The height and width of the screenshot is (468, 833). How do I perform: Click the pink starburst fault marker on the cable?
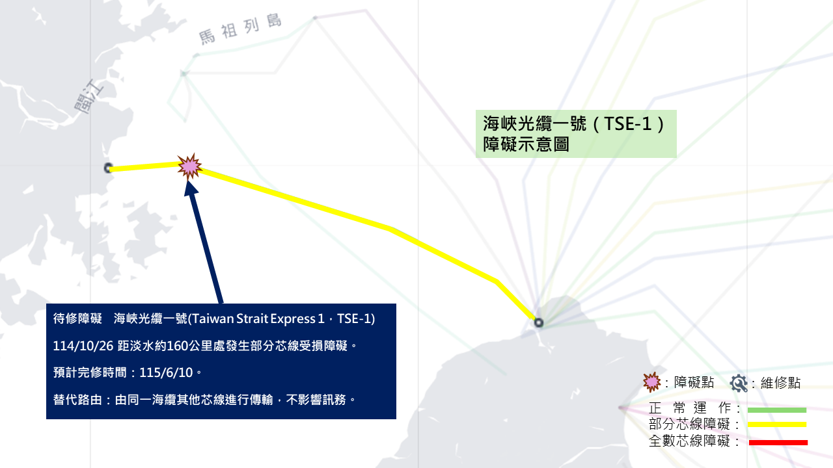pyautogui.click(x=189, y=166)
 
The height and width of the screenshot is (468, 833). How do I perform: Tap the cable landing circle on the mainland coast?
pyautogui.click(x=108, y=168)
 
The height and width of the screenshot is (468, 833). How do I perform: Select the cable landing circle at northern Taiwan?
pyautogui.click(x=538, y=322)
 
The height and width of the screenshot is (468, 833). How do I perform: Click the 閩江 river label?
pyautogui.click(x=89, y=96)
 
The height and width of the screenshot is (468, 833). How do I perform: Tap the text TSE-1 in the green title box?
pyautogui.click(x=628, y=123)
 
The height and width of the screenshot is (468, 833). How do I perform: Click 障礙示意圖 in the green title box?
pyautogui.click(x=526, y=144)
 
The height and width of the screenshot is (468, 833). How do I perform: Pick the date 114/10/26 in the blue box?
pyautogui.click(x=83, y=346)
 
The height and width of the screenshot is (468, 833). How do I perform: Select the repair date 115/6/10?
pyautogui.click(x=166, y=372)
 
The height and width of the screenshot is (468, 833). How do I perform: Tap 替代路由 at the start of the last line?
pyautogui.click(x=77, y=400)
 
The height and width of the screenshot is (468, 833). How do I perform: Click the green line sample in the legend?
pyautogui.click(x=777, y=410)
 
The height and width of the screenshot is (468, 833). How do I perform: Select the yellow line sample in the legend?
pyautogui.click(x=777, y=424)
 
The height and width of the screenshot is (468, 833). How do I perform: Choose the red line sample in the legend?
pyautogui.click(x=778, y=443)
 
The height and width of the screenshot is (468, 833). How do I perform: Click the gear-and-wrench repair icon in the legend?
pyautogui.click(x=739, y=383)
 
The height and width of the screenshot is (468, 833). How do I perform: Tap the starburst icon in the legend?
pyautogui.click(x=652, y=382)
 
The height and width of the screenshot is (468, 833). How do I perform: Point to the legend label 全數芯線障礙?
pyautogui.click(x=689, y=441)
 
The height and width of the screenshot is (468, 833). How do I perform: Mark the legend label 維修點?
pyautogui.click(x=780, y=383)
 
